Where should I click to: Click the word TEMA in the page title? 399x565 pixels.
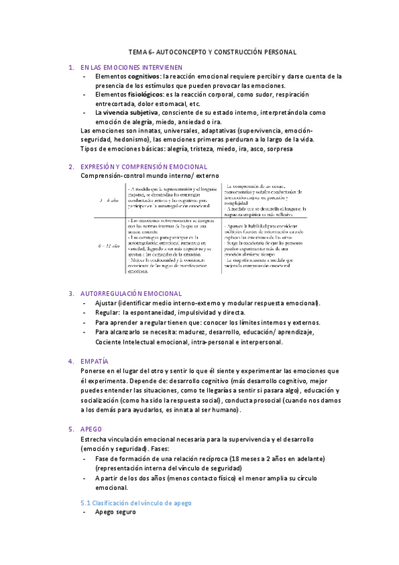tap(136, 52)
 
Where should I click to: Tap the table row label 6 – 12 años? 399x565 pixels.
tap(109, 246)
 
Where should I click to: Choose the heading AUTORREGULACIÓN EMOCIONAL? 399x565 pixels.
tap(131, 293)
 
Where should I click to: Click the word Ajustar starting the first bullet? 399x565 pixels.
tap(107, 303)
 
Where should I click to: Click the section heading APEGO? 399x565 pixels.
tap(91, 430)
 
